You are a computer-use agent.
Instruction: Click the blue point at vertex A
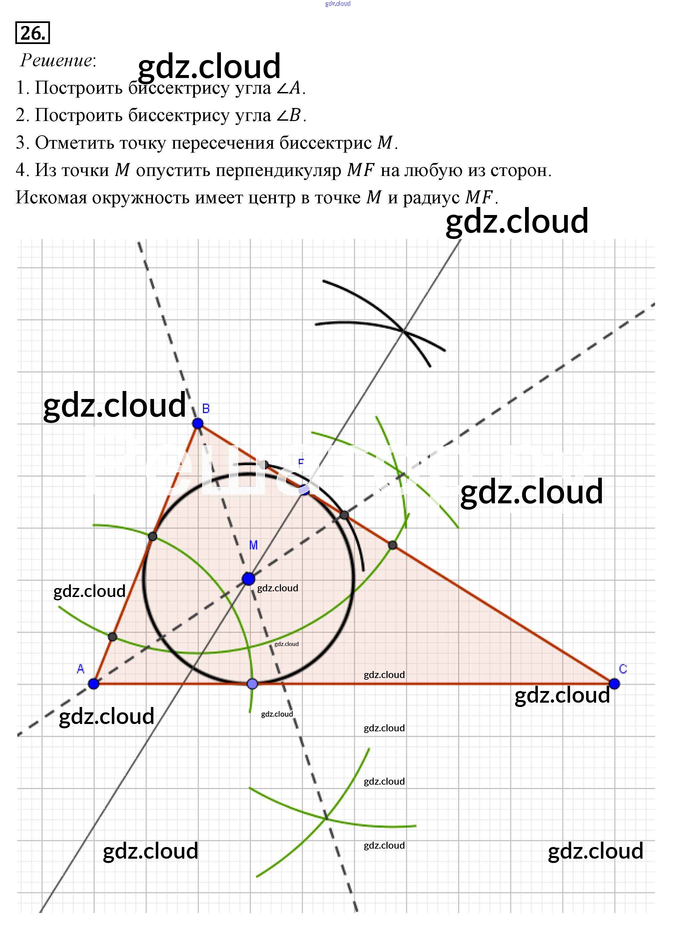coord(94,684)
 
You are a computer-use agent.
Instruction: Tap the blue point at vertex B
coord(198,423)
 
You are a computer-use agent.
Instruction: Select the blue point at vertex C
coord(614,684)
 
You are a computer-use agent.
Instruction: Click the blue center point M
coord(249,579)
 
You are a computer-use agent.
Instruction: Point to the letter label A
coord(81,669)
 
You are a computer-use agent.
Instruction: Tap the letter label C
coord(623,669)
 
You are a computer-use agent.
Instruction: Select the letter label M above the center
coord(254,545)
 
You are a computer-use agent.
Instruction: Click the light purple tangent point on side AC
coord(253,684)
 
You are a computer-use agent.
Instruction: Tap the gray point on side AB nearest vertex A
coord(113,637)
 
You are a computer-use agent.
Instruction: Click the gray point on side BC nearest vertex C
coord(392,545)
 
